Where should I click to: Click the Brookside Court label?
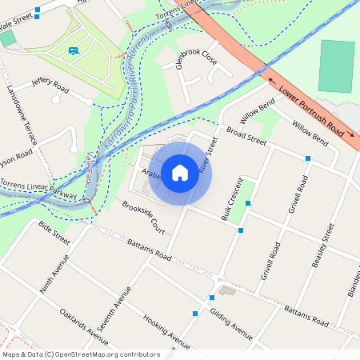click(x=143, y=217)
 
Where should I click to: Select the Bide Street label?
click(x=54, y=233)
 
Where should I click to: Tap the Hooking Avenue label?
click(x=166, y=332)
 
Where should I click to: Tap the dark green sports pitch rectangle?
click(x=336, y=67)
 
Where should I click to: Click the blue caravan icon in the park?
click(x=74, y=51)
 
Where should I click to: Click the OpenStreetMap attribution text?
click(x=81, y=354)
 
